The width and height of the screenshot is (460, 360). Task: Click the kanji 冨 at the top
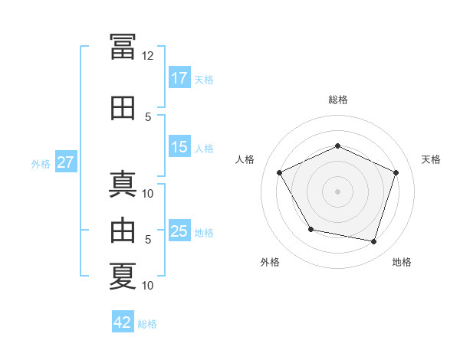pyautogui.click(x=123, y=46)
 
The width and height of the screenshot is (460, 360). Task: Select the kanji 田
pyautogui.click(x=123, y=108)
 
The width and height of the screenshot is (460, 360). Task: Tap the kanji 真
pyautogui.click(x=123, y=185)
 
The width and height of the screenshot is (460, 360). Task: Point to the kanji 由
pyautogui.click(x=123, y=230)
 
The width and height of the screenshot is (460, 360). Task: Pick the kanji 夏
pyautogui.click(x=123, y=277)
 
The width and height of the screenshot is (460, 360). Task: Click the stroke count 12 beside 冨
pyautogui.click(x=147, y=56)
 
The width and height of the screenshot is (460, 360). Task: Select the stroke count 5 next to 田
pyautogui.click(x=148, y=117)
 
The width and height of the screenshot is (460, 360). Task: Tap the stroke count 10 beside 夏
pyautogui.click(x=147, y=285)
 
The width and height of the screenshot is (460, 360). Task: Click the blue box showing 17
pyautogui.click(x=179, y=77)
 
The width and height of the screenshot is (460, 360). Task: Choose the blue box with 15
pyautogui.click(x=179, y=146)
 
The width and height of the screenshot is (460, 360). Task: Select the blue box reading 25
pyautogui.click(x=179, y=230)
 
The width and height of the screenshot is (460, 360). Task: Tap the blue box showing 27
pyautogui.click(x=66, y=162)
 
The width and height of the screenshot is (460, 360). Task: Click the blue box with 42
pyautogui.click(x=123, y=321)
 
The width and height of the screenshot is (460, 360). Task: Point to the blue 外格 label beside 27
pyautogui.click(x=41, y=164)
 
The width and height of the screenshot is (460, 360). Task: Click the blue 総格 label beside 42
pyautogui.click(x=147, y=324)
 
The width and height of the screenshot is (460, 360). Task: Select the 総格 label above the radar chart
pyautogui.click(x=338, y=100)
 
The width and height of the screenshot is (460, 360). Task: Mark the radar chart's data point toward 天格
pyautogui.click(x=396, y=172)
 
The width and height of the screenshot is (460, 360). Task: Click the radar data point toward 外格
pyautogui.click(x=311, y=229)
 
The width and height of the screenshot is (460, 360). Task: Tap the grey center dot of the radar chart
pyautogui.click(x=337, y=191)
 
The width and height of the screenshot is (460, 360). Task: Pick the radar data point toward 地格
pyautogui.click(x=373, y=242)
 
